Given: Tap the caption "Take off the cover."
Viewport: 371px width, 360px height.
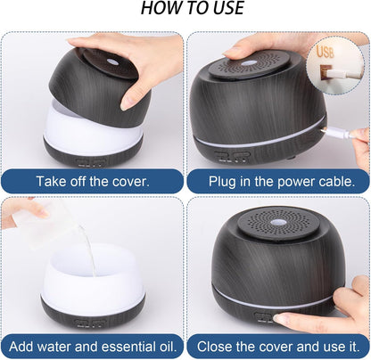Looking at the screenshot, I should click(93, 181).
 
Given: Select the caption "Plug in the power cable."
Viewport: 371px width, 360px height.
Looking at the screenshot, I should click(277, 181).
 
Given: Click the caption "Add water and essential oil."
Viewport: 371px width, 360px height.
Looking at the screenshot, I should click(93, 344).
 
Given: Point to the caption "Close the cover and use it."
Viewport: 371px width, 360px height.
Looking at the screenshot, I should click(277, 344).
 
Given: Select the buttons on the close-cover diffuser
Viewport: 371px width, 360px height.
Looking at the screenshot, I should click(264, 316).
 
